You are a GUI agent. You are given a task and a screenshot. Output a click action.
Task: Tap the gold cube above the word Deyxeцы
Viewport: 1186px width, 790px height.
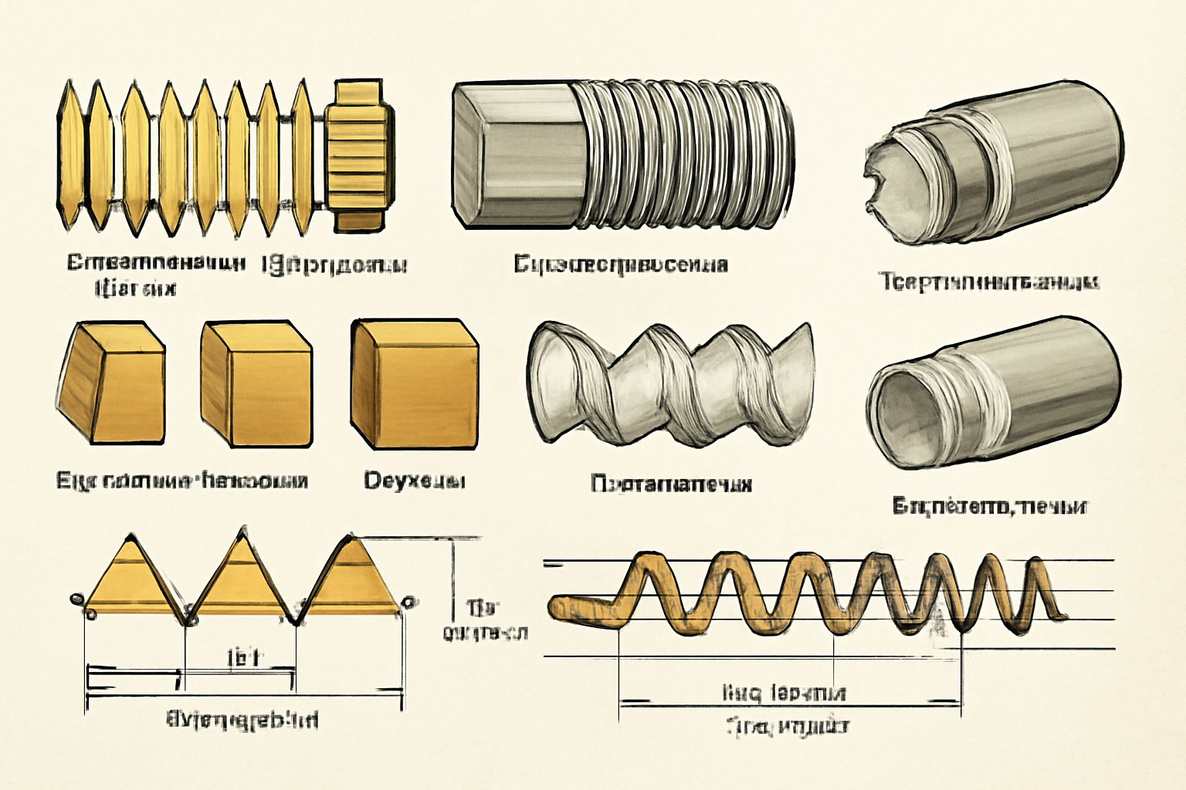tap(413, 383)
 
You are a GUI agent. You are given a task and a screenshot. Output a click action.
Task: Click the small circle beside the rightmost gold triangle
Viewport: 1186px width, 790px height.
tap(409, 601)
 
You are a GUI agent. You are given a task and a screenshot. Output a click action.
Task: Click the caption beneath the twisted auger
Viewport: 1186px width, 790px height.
tap(670, 484)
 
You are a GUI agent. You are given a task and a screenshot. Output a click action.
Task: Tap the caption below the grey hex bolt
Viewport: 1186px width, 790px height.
tap(620, 265)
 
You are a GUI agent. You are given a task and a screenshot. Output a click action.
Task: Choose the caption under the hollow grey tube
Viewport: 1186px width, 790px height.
tap(990, 507)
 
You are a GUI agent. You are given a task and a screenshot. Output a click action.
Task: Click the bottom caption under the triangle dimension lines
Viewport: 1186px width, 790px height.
tap(242, 721)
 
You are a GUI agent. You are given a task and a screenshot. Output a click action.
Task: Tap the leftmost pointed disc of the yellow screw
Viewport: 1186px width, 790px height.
tap(69, 154)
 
